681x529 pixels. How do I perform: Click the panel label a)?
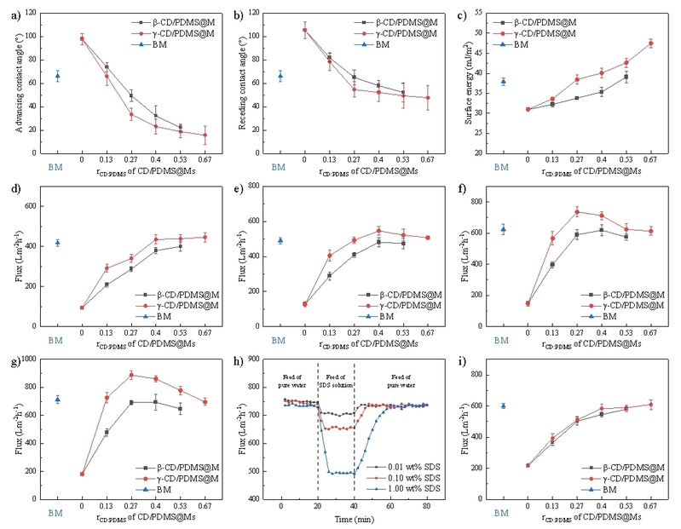[10, 12]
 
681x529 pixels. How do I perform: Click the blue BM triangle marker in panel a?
[56, 76]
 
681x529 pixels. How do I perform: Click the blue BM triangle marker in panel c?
[503, 82]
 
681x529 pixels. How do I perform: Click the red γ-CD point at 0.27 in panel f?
[576, 211]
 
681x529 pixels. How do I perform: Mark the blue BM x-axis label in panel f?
[502, 341]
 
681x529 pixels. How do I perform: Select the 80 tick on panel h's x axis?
[427, 505]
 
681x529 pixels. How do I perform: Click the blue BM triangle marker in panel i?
[503, 405]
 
